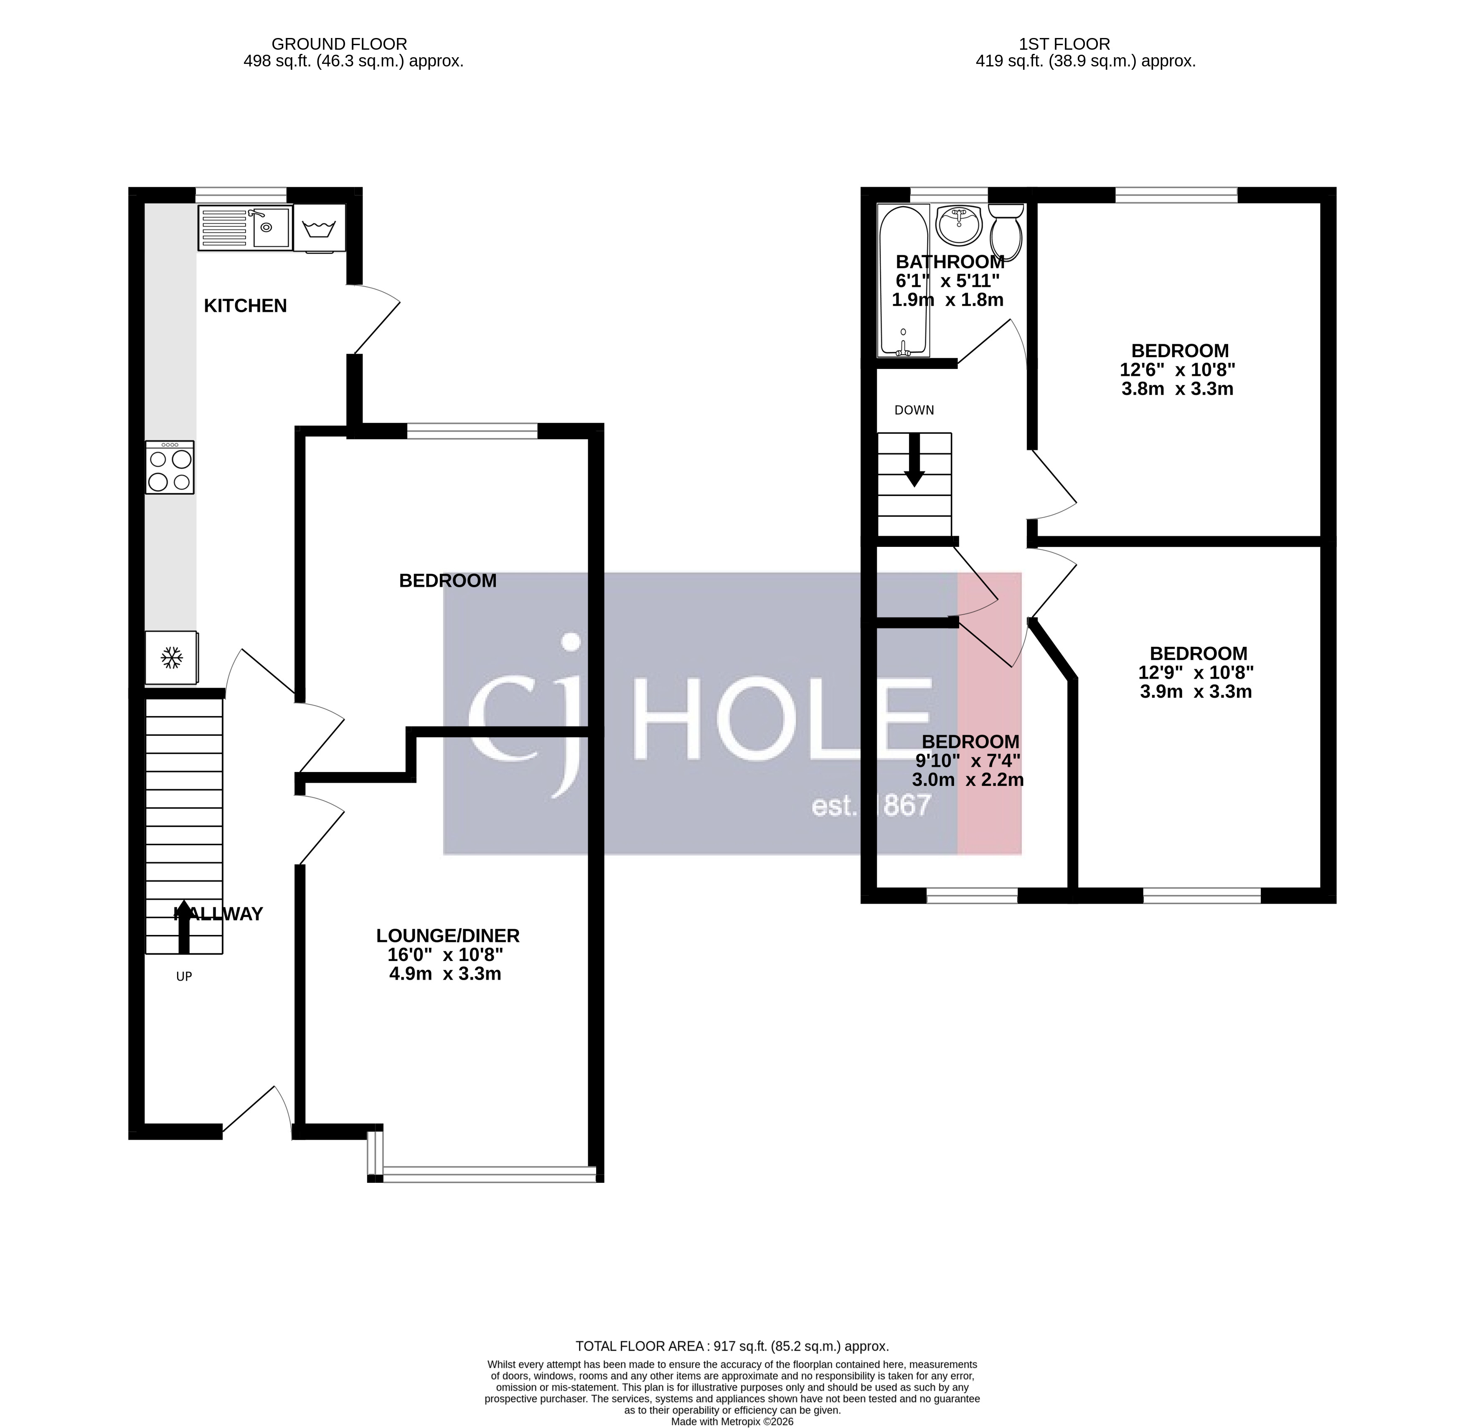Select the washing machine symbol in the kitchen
[320, 227]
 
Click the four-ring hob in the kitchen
[170, 467]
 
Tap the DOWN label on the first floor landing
[914, 410]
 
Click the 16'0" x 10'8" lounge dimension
[445, 955]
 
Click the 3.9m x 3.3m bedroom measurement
[1196, 691]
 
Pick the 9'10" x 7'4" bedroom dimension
[968, 760]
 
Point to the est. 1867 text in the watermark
[872, 806]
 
